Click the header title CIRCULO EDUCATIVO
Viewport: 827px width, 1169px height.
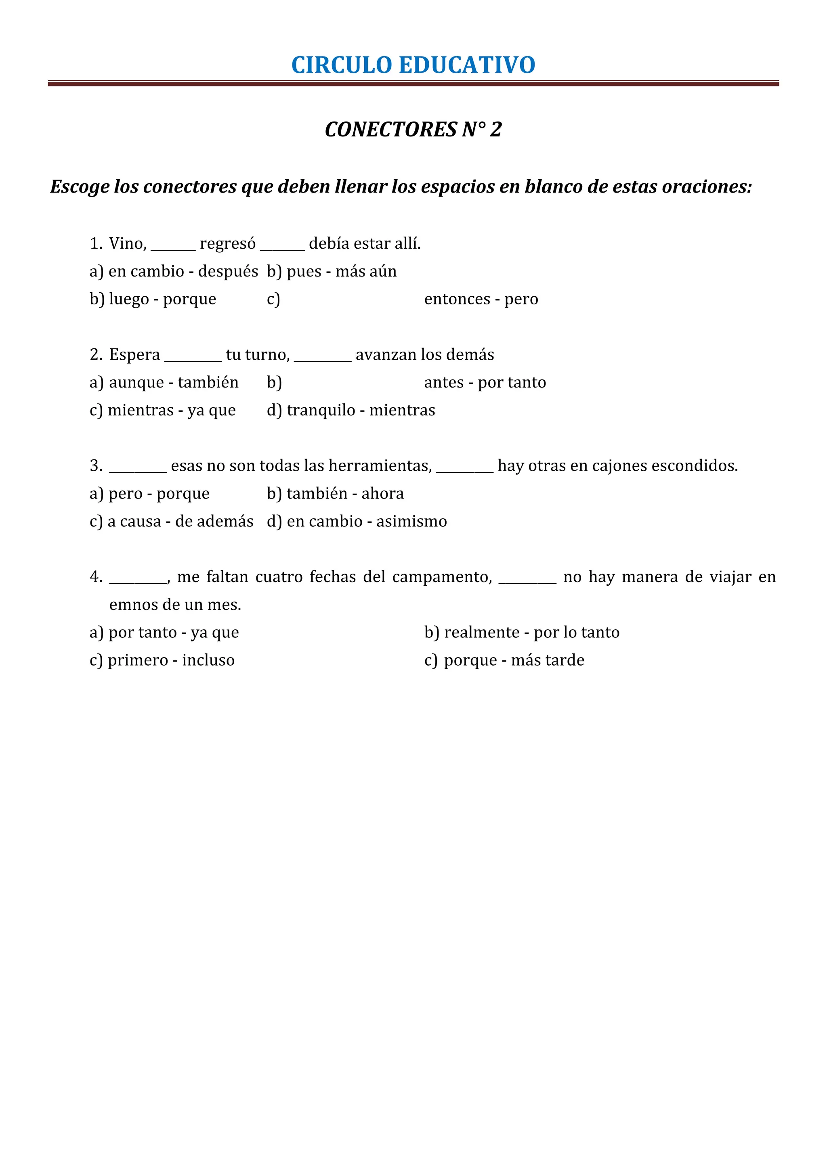413,65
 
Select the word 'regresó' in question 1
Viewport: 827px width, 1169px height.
228,244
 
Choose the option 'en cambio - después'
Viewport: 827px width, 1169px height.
183,271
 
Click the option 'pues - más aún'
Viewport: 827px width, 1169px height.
341,271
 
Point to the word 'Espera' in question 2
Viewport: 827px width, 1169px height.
134,354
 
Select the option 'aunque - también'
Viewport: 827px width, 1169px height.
174,382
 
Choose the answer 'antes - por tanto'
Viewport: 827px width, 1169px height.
485,382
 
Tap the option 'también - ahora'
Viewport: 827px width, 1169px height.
345,493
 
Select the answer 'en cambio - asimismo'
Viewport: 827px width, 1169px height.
367,522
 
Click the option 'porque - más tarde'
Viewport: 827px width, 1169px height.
514,660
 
